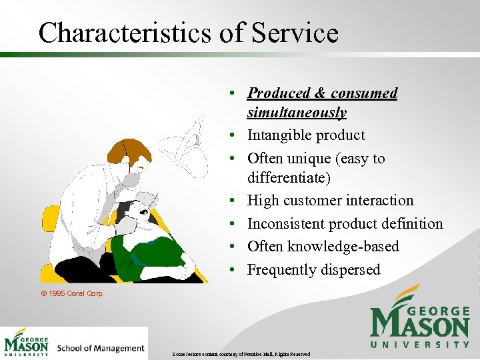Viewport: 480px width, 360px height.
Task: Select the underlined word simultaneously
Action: [x=297, y=113]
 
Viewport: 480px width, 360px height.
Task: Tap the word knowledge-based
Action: [x=344, y=247]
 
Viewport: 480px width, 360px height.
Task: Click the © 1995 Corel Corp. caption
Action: [x=72, y=293]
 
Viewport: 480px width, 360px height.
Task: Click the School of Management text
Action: [x=101, y=348]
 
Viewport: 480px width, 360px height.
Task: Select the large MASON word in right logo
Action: [x=419, y=325]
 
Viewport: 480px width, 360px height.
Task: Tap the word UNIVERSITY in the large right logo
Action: [x=419, y=345]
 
